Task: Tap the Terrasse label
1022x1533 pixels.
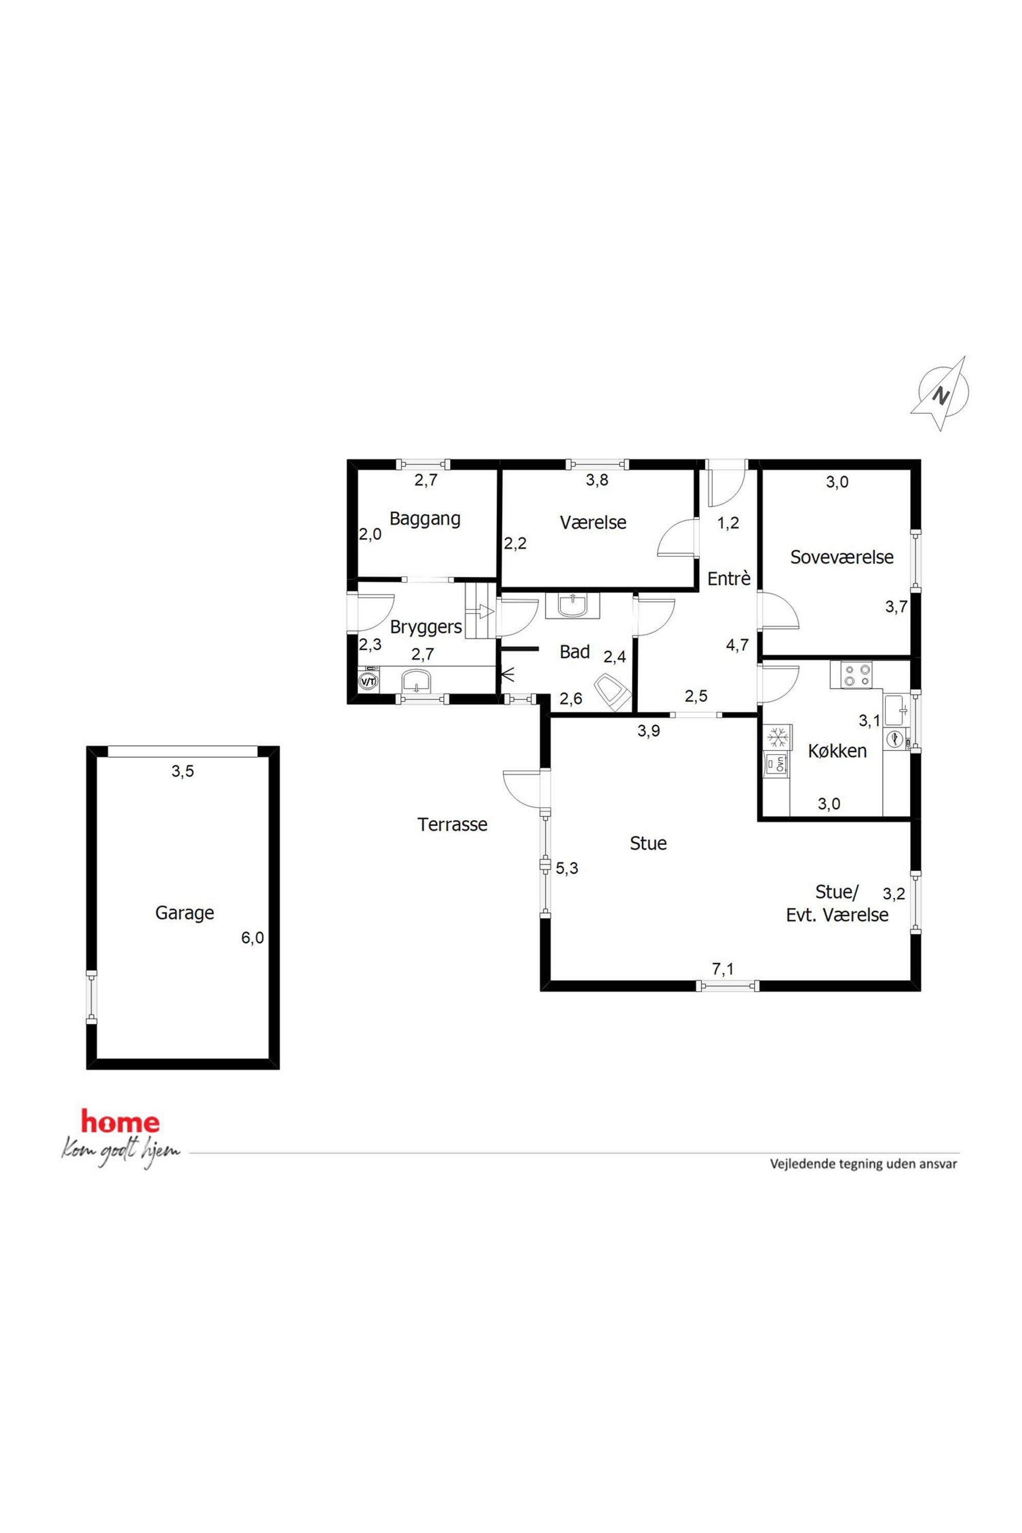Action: click(452, 825)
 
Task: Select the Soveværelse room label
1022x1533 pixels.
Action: click(842, 557)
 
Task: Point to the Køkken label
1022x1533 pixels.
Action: click(837, 751)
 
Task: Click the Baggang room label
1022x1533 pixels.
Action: click(425, 519)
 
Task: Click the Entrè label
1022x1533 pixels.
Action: click(729, 578)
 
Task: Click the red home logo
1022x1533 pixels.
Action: click(121, 1121)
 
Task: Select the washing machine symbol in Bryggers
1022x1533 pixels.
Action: click(368, 681)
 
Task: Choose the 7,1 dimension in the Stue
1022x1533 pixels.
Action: click(722, 969)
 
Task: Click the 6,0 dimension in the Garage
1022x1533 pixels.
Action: click(252, 938)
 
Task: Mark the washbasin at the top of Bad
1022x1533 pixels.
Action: click(573, 605)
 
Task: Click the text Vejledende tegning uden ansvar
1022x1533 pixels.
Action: click(864, 1164)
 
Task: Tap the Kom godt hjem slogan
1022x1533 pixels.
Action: click(121, 1152)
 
